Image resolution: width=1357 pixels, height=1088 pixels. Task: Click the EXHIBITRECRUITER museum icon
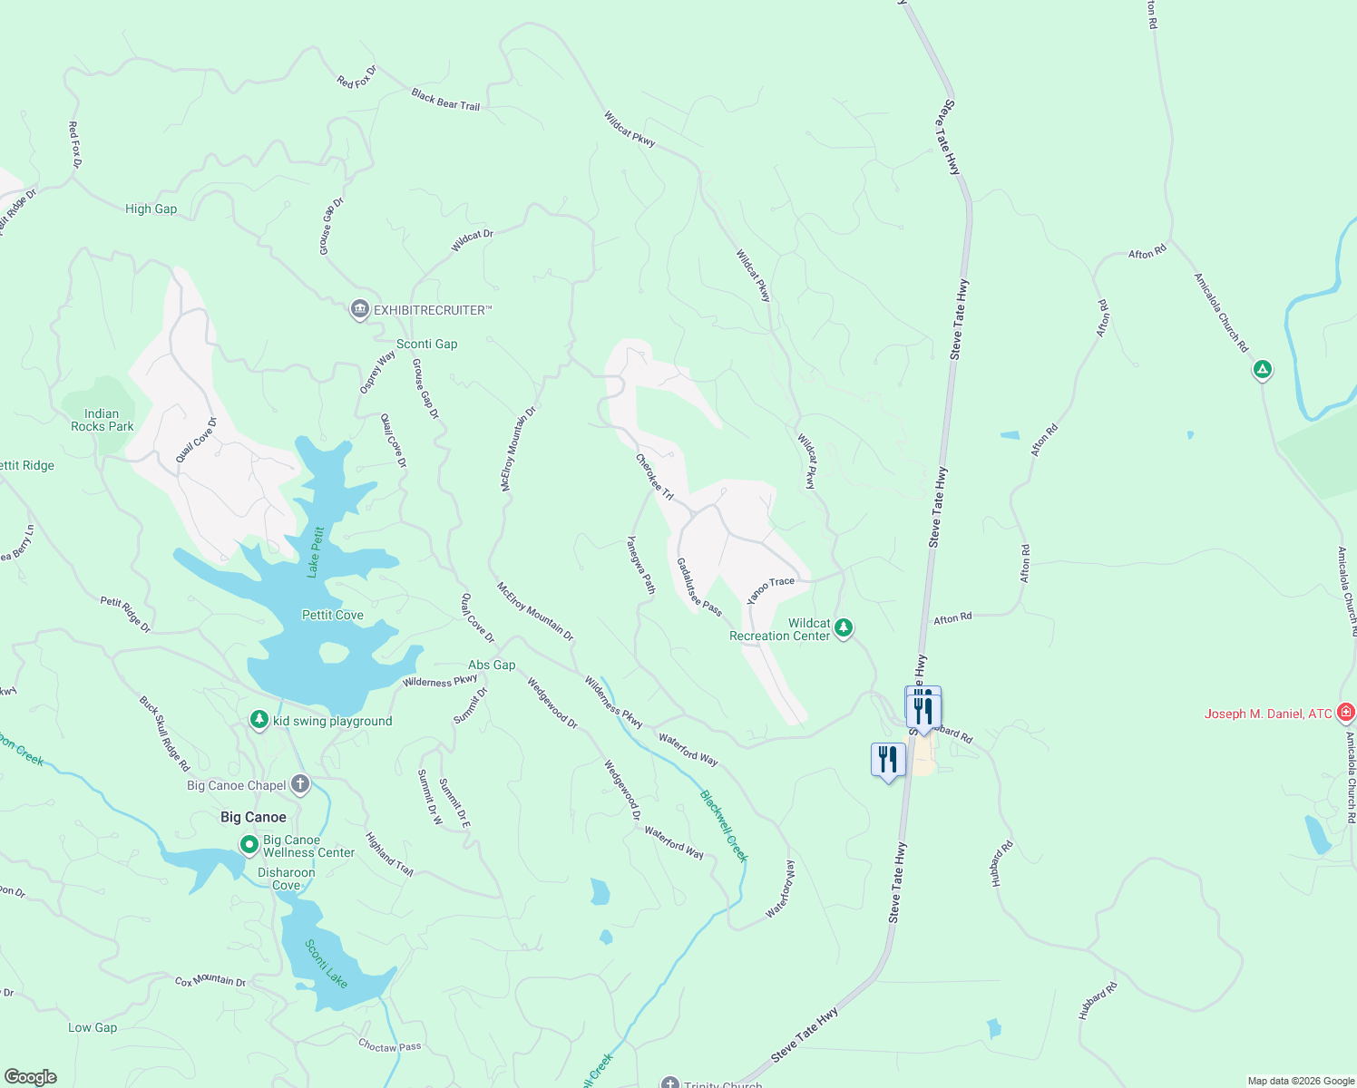point(360,310)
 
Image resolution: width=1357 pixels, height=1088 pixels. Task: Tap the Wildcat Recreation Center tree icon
point(844,628)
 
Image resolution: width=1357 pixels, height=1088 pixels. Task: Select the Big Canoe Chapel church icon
point(300,784)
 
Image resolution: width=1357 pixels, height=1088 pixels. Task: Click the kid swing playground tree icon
point(259,720)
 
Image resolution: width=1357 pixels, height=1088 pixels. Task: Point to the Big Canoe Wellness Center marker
point(249,845)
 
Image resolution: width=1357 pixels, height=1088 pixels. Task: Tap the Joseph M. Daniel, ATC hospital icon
point(1346,713)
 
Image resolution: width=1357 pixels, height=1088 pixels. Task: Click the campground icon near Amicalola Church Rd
point(1262,370)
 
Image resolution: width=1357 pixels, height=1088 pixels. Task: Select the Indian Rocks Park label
point(102,420)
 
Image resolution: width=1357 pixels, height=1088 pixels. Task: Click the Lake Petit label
point(315,552)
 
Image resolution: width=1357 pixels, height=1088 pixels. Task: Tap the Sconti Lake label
point(326,963)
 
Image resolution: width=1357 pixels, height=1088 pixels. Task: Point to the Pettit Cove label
point(332,615)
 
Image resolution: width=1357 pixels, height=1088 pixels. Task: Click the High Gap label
point(151,209)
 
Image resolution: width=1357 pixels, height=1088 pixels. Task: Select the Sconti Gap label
point(426,344)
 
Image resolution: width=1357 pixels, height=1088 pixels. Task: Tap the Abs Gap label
point(491,665)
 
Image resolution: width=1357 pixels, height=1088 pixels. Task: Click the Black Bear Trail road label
point(444,100)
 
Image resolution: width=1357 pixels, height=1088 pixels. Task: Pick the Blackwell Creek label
point(724,826)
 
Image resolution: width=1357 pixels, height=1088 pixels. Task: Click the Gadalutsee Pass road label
point(698,588)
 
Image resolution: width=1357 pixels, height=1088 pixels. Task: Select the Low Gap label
point(93,1027)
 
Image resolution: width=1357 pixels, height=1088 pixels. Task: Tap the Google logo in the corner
point(30,1077)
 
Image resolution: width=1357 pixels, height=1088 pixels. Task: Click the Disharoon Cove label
point(286,879)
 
